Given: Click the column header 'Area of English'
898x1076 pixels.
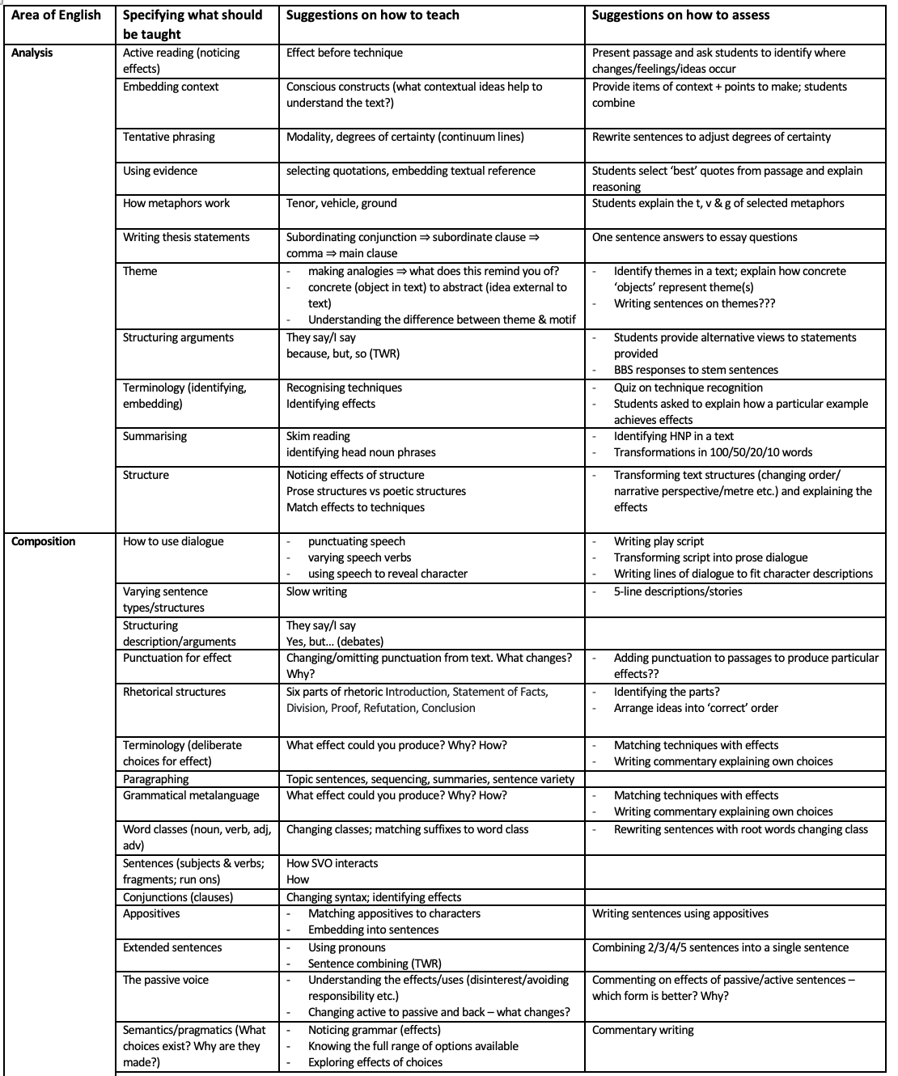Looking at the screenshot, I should pos(56,15).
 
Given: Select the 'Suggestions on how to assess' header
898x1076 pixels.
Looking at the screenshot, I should pos(680,15).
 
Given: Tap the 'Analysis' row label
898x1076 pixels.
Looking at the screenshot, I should pos(32,53).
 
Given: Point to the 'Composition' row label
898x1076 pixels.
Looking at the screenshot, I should pos(44,541).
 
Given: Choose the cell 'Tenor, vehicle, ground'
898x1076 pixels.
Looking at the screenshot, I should pos(341,203).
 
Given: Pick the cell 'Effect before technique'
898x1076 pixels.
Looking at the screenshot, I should pos(344,53).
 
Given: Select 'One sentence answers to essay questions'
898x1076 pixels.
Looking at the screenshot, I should pos(694,237).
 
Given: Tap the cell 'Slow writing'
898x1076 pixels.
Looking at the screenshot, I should pos(316,591).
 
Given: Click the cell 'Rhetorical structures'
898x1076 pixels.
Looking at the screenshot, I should pos(174,692).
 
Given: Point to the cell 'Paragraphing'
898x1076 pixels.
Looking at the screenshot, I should pos(155,779).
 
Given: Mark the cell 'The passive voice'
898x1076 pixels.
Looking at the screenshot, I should pos(165,980).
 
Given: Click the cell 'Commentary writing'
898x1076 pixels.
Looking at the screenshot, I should pos(642,1030).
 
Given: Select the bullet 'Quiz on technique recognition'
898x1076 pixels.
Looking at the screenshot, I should pos(688,388).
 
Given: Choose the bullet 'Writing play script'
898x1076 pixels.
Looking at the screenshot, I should pos(659,541).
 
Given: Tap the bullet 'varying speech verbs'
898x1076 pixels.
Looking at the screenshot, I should pos(359,557).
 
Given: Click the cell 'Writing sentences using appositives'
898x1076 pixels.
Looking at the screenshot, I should pos(680,913).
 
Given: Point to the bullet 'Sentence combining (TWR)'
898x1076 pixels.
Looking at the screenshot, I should pos(375,964).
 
